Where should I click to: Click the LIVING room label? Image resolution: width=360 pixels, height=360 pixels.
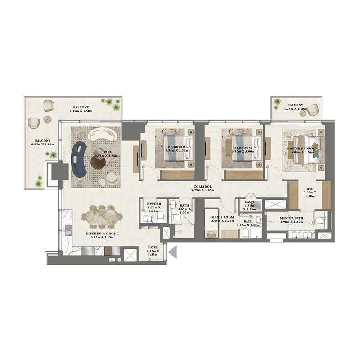pos(106,152)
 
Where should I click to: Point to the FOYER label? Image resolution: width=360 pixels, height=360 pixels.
pos(153,247)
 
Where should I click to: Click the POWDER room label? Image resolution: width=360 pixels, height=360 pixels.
pos(153,204)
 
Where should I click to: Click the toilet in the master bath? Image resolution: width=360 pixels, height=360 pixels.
pos(319,220)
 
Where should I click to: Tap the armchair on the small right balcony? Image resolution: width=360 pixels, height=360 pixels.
pos(313,108)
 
